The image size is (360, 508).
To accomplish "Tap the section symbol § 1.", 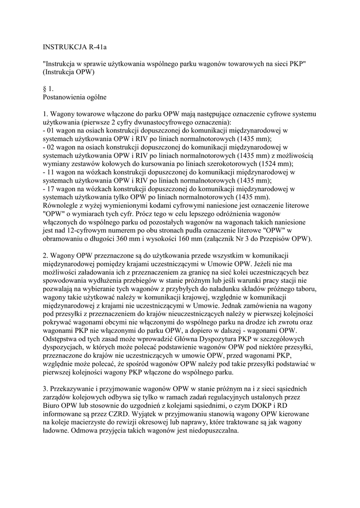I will [48, 88].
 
